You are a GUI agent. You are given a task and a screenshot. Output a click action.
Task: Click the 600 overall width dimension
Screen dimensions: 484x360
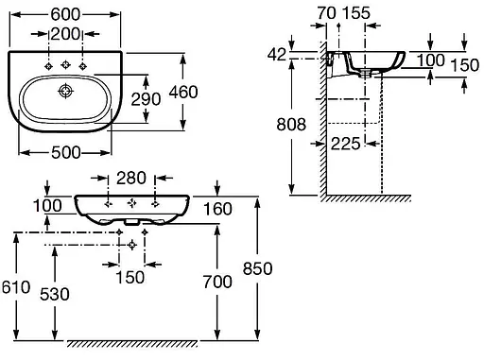coord(65,14)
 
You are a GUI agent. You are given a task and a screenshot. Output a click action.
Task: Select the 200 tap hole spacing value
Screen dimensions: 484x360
coord(65,34)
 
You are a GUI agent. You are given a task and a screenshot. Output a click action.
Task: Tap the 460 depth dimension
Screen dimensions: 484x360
coord(183,92)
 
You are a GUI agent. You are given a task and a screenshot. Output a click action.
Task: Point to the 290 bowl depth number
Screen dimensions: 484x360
coord(146,99)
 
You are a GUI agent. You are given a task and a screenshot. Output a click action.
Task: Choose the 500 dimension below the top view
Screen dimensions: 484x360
coord(66,153)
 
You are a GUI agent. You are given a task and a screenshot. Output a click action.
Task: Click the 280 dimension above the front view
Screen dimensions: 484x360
coord(131,178)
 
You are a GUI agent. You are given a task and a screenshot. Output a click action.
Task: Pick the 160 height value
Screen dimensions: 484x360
coord(217,209)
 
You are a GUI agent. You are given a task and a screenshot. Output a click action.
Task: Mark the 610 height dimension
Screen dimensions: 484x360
coord(16,287)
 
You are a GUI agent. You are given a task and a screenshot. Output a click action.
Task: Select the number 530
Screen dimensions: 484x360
coord(55,295)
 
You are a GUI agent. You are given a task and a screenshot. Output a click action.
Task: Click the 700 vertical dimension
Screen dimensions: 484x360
coord(217,282)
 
